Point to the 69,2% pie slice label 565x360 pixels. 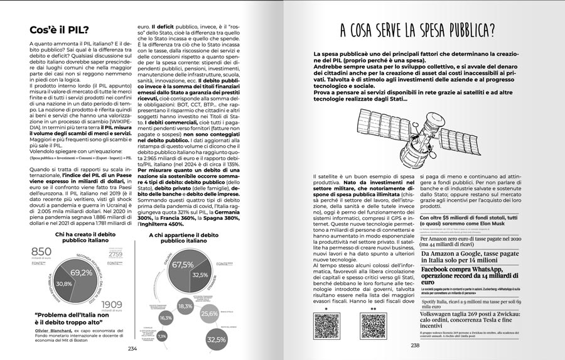(82, 273)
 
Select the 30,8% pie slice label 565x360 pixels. (65, 283)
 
